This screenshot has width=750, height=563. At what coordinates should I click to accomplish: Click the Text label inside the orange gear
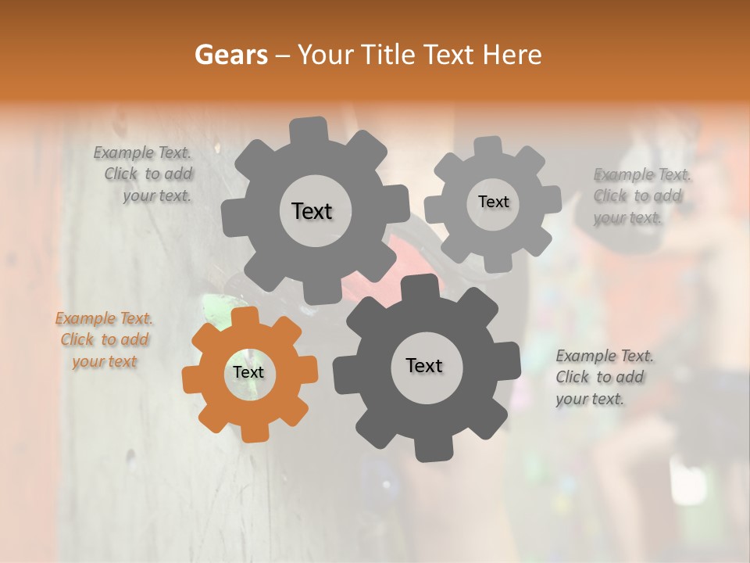[248, 373]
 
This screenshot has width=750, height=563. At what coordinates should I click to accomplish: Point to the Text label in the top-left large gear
[312, 211]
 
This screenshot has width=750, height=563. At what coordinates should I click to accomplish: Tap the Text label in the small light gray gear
[493, 202]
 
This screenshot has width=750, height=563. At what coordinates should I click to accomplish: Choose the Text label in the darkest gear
[424, 365]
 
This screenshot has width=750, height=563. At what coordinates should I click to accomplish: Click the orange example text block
[104, 340]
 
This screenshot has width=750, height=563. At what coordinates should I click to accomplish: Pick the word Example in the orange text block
[84, 319]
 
